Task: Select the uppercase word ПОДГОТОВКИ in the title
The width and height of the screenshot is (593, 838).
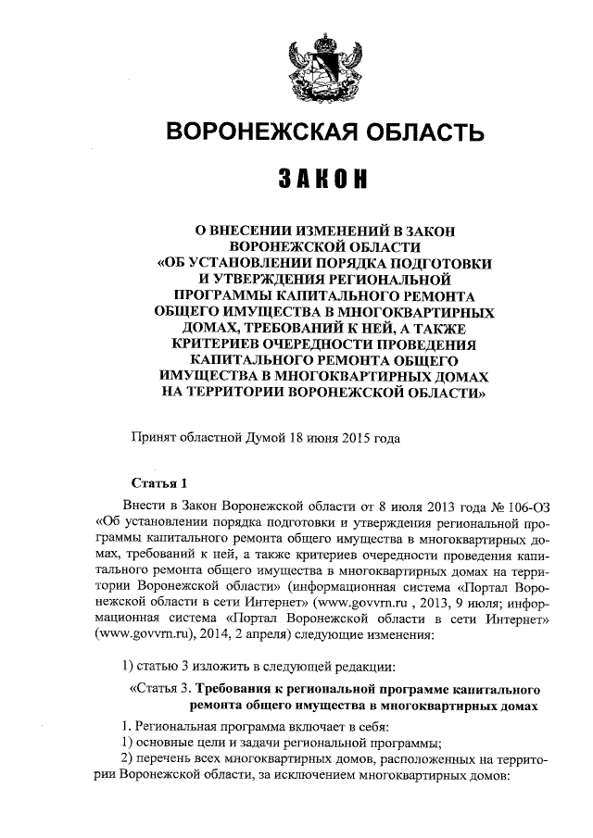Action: point(437,262)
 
